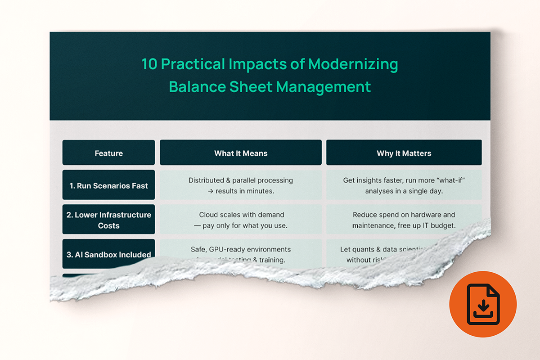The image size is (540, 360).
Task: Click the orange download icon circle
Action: click(482, 304)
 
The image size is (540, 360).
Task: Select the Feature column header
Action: click(108, 153)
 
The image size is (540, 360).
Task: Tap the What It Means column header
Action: click(241, 153)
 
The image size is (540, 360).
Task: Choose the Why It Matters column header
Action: click(404, 153)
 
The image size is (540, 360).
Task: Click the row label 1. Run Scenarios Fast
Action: click(108, 185)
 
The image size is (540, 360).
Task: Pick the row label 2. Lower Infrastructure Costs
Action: click(108, 220)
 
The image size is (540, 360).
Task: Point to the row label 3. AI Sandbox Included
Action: click(108, 254)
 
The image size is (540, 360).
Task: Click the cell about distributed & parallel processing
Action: click(241, 185)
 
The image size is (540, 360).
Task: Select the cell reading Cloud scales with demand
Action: click(241, 220)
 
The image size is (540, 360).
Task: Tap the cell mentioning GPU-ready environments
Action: click(241, 250)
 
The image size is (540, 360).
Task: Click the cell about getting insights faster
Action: click(404, 185)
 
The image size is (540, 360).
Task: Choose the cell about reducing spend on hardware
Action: click(404, 220)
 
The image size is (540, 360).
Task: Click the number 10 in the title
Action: click(149, 64)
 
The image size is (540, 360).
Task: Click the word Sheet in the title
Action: click(252, 86)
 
